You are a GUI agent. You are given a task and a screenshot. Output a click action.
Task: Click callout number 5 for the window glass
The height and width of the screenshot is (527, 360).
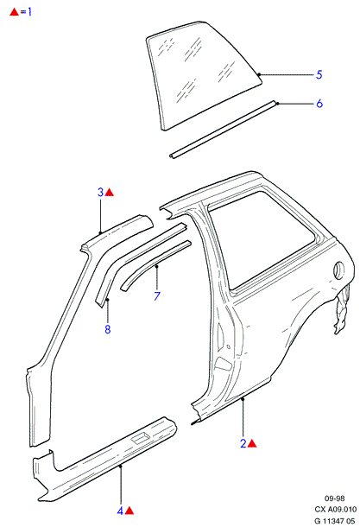click(x=319, y=74)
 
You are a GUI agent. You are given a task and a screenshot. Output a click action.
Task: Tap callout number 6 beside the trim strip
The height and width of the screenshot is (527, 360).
click(x=319, y=103)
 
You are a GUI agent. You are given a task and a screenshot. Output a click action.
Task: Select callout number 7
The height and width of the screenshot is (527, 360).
click(x=157, y=295)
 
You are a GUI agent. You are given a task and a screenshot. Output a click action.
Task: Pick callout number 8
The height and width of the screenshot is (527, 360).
click(x=107, y=329)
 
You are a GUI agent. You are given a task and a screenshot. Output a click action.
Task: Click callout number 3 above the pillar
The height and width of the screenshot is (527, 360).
click(x=100, y=193)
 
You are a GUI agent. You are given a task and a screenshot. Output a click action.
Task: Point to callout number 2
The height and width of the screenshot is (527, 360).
click(x=243, y=443)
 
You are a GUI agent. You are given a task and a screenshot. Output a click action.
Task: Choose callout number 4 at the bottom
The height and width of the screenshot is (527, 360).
click(x=120, y=511)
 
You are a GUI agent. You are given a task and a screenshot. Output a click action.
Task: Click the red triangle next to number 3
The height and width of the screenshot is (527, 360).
click(x=110, y=193)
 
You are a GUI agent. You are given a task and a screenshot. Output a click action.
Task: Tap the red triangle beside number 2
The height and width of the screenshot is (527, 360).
click(x=252, y=444)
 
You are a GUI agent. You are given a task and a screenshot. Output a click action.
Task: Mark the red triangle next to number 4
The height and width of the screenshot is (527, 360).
click(x=129, y=511)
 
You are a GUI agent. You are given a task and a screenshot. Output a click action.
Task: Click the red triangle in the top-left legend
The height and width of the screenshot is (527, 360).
click(x=14, y=12)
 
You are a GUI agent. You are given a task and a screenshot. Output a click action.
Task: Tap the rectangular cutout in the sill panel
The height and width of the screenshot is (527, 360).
click(x=140, y=438)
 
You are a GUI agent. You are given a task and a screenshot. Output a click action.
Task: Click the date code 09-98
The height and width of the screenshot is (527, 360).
click(x=334, y=498)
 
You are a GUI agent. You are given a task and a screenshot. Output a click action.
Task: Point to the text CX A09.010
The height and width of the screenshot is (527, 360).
click(x=336, y=510)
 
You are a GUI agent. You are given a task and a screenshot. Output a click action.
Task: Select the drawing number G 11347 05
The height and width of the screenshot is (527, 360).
click(x=334, y=521)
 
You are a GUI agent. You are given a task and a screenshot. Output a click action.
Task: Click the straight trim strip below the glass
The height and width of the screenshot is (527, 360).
click(x=224, y=129)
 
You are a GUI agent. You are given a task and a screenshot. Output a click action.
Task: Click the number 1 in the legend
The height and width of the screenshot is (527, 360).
click(x=29, y=12)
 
